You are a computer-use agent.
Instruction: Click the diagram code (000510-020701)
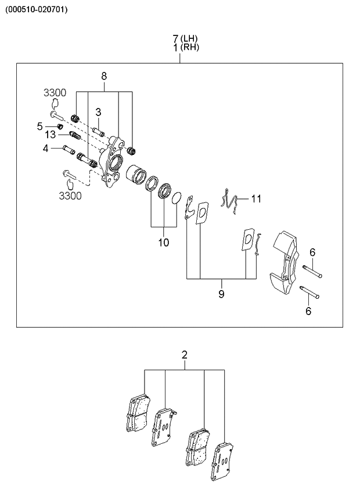(x=37, y=9)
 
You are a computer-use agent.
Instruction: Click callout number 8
(x=104, y=76)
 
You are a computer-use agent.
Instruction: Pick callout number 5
(x=40, y=126)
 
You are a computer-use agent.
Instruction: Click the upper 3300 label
(x=55, y=93)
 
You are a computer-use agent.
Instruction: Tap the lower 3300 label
(x=70, y=196)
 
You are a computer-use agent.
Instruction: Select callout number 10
(x=164, y=242)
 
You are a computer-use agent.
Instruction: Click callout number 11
(x=256, y=198)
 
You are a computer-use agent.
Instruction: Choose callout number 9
(x=221, y=294)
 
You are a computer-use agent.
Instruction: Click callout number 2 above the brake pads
(x=185, y=354)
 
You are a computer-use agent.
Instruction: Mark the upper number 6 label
(x=312, y=252)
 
